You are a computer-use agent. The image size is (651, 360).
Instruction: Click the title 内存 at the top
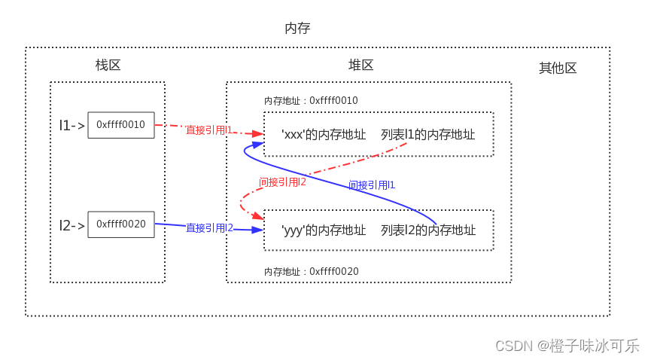pyautogui.click(x=297, y=28)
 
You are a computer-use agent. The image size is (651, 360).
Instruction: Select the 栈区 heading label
pyautogui.click(x=108, y=65)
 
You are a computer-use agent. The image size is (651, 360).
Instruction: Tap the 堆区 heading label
pyautogui.click(x=360, y=65)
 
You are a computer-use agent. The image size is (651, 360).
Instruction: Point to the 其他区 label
pyautogui.click(x=558, y=68)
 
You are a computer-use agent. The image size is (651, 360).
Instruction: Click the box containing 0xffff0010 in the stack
pyautogui.click(x=120, y=125)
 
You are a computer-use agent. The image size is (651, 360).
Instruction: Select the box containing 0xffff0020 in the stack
pyautogui.click(x=120, y=224)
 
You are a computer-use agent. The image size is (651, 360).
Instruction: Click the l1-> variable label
pyautogui.click(x=72, y=126)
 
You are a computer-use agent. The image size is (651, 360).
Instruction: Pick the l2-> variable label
pyautogui.click(x=72, y=225)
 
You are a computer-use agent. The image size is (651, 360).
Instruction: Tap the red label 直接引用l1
pyautogui.click(x=209, y=130)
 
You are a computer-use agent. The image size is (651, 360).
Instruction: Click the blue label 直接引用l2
pyautogui.click(x=209, y=227)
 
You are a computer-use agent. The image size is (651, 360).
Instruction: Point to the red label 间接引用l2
pyautogui.click(x=282, y=182)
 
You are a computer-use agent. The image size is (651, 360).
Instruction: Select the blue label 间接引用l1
pyautogui.click(x=372, y=185)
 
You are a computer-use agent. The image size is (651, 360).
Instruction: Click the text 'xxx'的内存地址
pyautogui.click(x=324, y=135)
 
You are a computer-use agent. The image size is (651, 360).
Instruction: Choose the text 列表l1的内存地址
pyautogui.click(x=427, y=135)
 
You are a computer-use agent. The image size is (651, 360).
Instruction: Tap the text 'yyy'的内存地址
pyautogui.click(x=324, y=230)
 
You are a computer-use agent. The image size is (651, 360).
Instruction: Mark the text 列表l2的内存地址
pyautogui.click(x=427, y=230)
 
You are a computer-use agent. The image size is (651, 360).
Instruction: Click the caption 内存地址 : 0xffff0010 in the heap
pyautogui.click(x=311, y=101)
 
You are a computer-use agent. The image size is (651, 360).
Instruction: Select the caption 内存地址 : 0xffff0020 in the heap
pyautogui.click(x=311, y=271)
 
